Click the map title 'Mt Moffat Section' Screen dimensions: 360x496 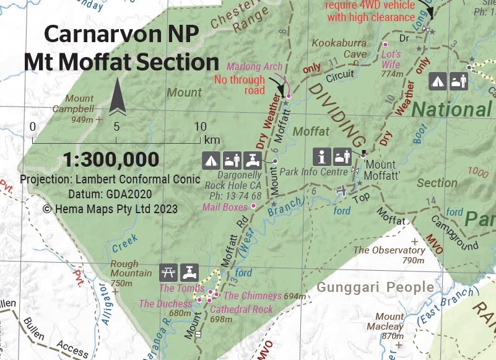121,62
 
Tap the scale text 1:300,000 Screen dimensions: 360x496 111,159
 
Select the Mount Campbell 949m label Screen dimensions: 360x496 79,109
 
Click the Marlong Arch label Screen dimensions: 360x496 255,67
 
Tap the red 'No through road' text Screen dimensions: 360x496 239,85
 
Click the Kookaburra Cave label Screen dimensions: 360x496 339,49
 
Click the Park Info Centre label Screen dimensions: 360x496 313,170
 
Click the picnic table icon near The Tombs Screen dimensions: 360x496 168,271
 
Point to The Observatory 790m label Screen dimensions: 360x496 389,255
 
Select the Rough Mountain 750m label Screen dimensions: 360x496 130,273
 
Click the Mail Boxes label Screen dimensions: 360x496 225,207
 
